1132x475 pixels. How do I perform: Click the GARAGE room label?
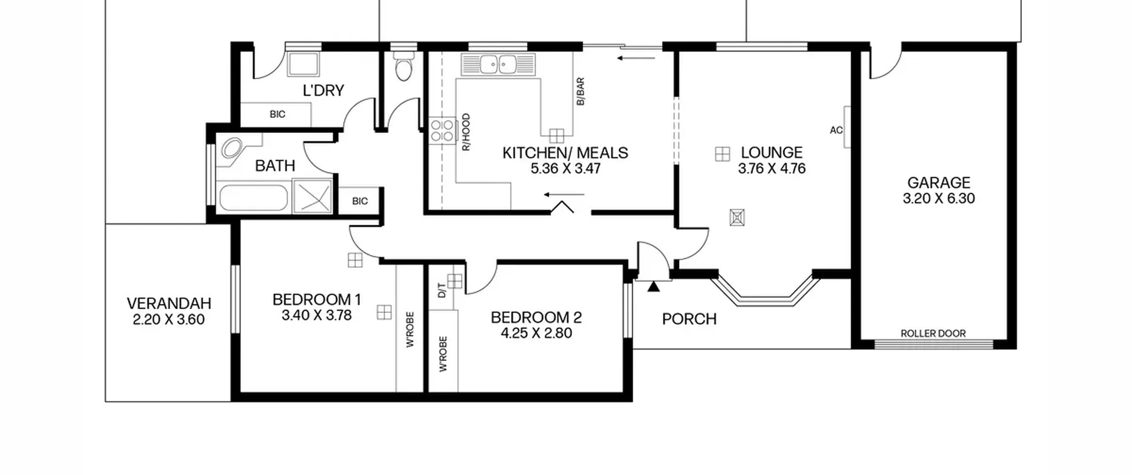tap(938, 182)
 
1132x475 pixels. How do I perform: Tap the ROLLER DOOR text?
tap(933, 334)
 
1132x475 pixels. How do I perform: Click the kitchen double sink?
tap(498, 65)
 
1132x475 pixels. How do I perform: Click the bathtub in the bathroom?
tap(253, 198)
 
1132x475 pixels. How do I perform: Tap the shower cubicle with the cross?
tap(312, 196)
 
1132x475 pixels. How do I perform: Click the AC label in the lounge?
tap(836, 130)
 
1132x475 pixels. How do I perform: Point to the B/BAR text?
tap(581, 91)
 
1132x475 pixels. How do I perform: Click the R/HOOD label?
tap(466, 133)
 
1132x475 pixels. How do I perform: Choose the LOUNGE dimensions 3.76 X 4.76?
tap(772, 168)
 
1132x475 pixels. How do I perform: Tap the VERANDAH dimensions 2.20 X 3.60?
tap(168, 319)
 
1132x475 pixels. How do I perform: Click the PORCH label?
tap(689, 319)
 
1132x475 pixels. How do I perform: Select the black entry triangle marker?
tap(654, 287)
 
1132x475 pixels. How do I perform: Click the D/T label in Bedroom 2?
tap(442, 290)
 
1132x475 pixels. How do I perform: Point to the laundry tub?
tap(304, 65)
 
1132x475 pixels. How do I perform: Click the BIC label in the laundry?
tap(277, 114)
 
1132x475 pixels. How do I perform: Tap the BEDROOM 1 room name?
tap(317, 300)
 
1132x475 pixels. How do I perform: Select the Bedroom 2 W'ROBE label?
tap(443, 354)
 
